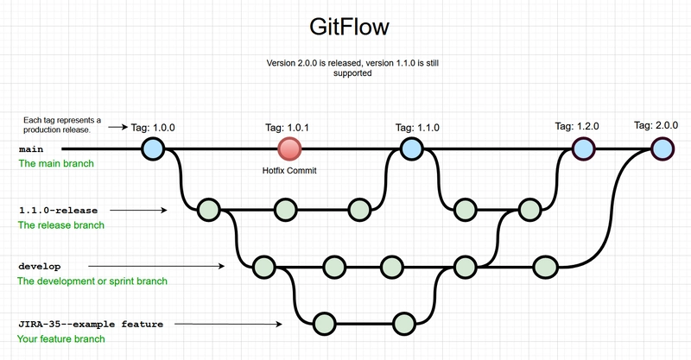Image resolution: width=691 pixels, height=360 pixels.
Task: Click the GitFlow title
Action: click(349, 28)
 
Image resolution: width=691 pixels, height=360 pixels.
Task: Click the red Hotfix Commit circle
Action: click(289, 148)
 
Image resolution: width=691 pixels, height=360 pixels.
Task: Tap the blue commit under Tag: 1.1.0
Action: click(411, 148)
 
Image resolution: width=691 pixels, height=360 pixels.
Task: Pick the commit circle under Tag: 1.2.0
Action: click(585, 148)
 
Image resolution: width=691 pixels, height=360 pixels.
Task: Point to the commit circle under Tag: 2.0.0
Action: click(662, 148)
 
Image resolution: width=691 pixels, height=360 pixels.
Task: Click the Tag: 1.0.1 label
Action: click(288, 128)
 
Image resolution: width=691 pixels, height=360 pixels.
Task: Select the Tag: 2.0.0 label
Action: click(656, 125)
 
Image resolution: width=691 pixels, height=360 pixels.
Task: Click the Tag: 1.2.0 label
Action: click(577, 128)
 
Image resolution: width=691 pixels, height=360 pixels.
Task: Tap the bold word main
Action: click(31, 149)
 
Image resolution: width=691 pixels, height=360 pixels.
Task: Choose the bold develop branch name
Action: click(40, 266)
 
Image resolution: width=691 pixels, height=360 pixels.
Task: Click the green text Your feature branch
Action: click(61, 339)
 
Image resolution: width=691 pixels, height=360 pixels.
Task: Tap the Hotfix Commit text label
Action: click(289, 171)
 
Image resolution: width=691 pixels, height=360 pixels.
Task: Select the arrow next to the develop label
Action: click(155, 266)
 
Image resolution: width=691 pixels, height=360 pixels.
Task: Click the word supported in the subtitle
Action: click(355, 74)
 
